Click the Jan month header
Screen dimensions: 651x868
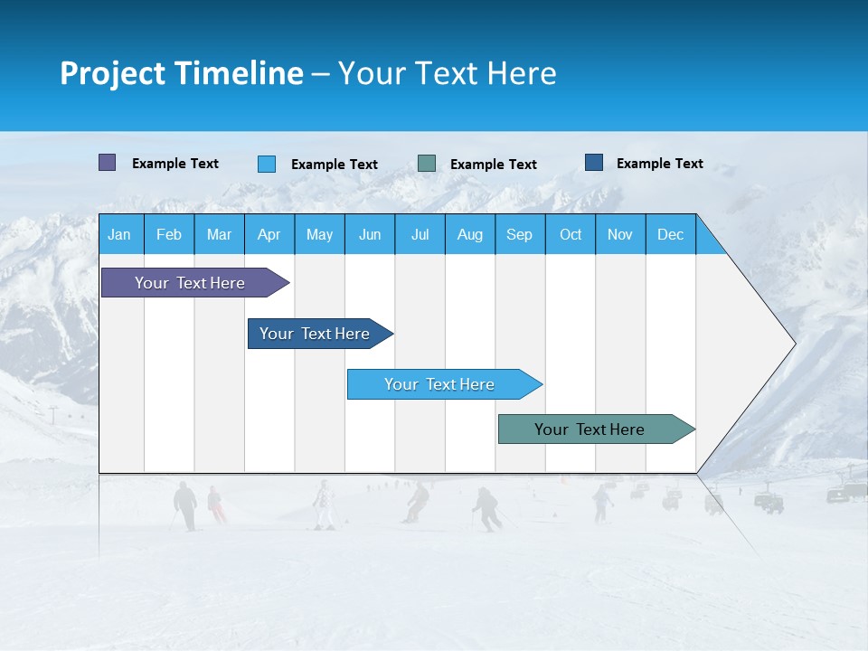120,234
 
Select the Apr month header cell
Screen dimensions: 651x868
269,234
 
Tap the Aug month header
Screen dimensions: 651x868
470,234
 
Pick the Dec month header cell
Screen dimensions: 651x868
671,234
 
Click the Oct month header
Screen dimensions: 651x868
571,234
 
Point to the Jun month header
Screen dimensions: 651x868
370,234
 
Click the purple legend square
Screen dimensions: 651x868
107,163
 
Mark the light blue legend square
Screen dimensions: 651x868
267,164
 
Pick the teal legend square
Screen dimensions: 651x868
427,164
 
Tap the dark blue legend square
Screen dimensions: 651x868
594,163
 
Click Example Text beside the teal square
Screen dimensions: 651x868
494,165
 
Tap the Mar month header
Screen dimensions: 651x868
220,234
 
